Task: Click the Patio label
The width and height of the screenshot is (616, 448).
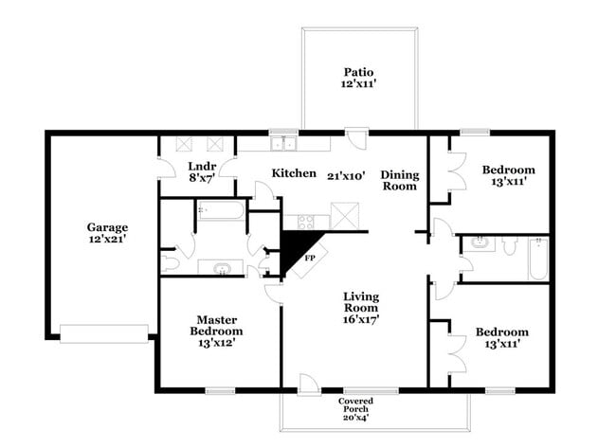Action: pyautogui.click(x=358, y=72)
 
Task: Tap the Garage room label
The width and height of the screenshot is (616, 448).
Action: pyautogui.click(x=107, y=227)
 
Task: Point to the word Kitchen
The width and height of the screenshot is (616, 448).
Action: pyautogui.click(x=294, y=173)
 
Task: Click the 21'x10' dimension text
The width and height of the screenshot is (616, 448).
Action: pyautogui.click(x=346, y=175)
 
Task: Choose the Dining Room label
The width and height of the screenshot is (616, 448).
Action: pyautogui.click(x=399, y=180)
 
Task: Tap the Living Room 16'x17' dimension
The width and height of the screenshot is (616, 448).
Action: pyautogui.click(x=361, y=319)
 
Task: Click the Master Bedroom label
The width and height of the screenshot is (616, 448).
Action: pyautogui.click(x=219, y=326)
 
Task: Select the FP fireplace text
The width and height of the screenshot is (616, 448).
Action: pyautogui.click(x=310, y=257)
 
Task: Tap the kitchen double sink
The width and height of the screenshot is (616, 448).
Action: pyautogui.click(x=282, y=145)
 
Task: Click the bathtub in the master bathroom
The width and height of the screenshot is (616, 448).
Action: pyautogui.click(x=221, y=209)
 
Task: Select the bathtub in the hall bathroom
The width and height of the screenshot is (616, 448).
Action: pyautogui.click(x=538, y=259)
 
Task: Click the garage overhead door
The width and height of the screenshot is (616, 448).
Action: pyautogui.click(x=104, y=332)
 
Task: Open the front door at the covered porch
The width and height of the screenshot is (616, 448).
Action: pyautogui.click(x=309, y=384)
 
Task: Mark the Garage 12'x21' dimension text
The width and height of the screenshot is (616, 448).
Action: pyautogui.click(x=107, y=241)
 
